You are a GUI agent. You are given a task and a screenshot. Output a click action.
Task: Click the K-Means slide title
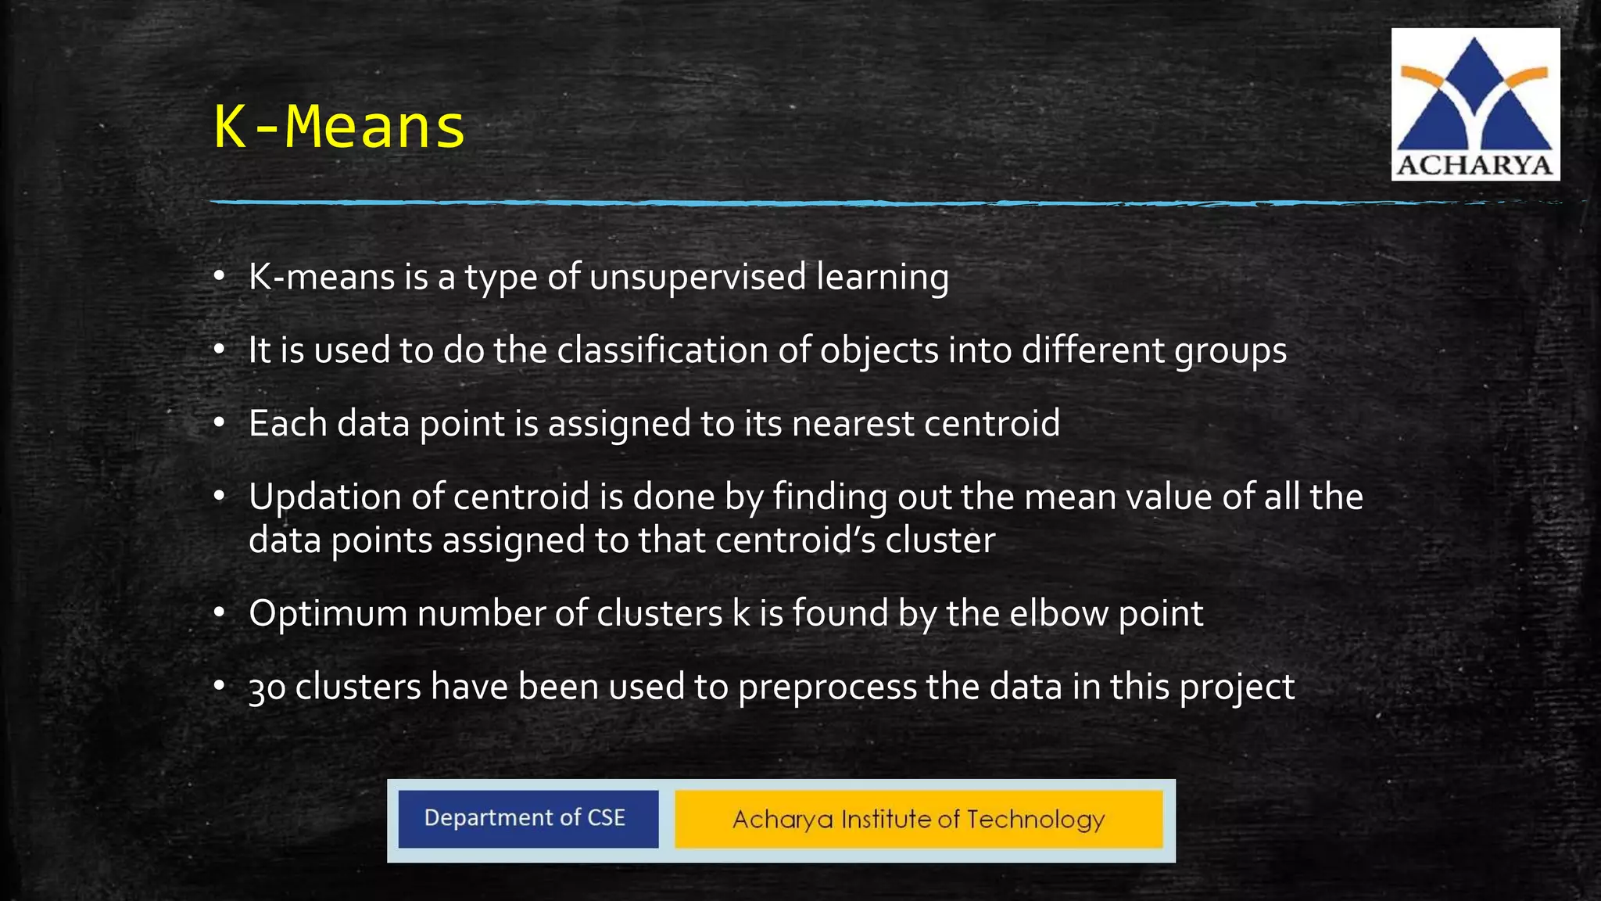(x=339, y=127)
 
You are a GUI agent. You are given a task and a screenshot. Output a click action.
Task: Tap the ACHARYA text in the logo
(x=1474, y=165)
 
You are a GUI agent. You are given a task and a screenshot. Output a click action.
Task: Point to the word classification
(x=662, y=350)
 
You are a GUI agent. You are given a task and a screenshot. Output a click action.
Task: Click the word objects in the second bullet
(x=879, y=350)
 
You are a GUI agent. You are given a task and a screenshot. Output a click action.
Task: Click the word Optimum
(x=328, y=614)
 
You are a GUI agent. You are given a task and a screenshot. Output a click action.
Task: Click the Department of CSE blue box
(x=528, y=818)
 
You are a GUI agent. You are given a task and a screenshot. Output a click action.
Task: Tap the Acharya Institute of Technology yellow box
(x=919, y=819)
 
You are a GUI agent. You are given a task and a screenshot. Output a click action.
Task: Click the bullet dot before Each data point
(x=220, y=423)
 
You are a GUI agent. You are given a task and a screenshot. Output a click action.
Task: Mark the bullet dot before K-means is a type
(x=220, y=277)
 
